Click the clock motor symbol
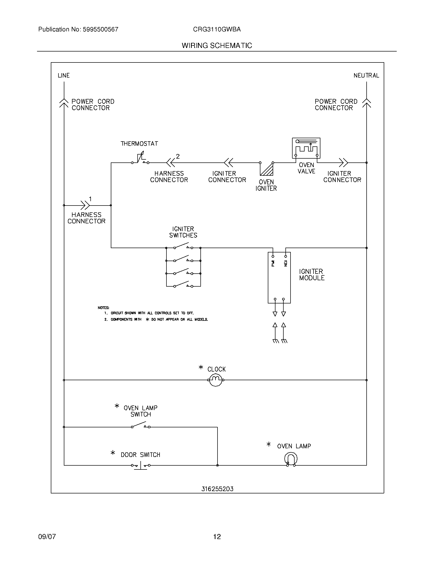point(216,380)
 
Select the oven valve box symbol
point(306,148)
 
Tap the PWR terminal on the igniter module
point(273,256)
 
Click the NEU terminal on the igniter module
point(285,256)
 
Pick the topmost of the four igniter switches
point(183,246)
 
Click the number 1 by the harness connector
point(90,199)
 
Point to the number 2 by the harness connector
point(178,156)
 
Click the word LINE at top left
point(64,75)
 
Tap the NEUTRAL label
point(366,75)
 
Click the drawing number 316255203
point(217,489)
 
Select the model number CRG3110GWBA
point(217,30)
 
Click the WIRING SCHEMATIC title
point(217,46)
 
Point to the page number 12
point(217,537)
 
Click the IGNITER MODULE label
point(312,275)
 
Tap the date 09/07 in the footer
point(47,537)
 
